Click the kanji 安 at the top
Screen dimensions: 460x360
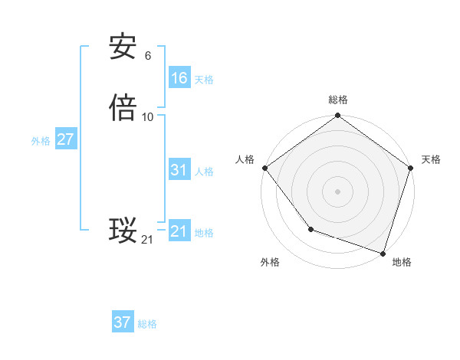[x=123, y=47]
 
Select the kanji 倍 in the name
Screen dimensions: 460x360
[x=123, y=108]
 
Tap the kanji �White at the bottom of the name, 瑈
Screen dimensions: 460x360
[x=123, y=231]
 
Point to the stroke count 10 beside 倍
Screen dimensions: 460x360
[x=148, y=116]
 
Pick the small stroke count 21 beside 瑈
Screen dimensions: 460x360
[x=147, y=240]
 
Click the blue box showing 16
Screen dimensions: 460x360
[x=179, y=78]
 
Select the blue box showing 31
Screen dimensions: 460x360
[x=179, y=170]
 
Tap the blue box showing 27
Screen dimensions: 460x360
[x=65, y=139]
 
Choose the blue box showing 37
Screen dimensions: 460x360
[x=123, y=322]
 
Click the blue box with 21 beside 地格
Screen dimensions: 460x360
[x=179, y=231]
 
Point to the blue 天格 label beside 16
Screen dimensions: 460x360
[x=204, y=80]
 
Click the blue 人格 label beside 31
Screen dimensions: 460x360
[x=204, y=172]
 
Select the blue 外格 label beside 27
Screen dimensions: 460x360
[x=41, y=141]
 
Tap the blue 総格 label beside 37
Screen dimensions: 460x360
[x=147, y=324]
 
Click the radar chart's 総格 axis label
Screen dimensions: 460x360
[x=337, y=100]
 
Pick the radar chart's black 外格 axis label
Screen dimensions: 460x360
[x=270, y=262]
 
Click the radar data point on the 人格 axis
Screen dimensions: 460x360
[x=264, y=168]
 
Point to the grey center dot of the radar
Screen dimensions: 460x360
[x=337, y=191]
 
